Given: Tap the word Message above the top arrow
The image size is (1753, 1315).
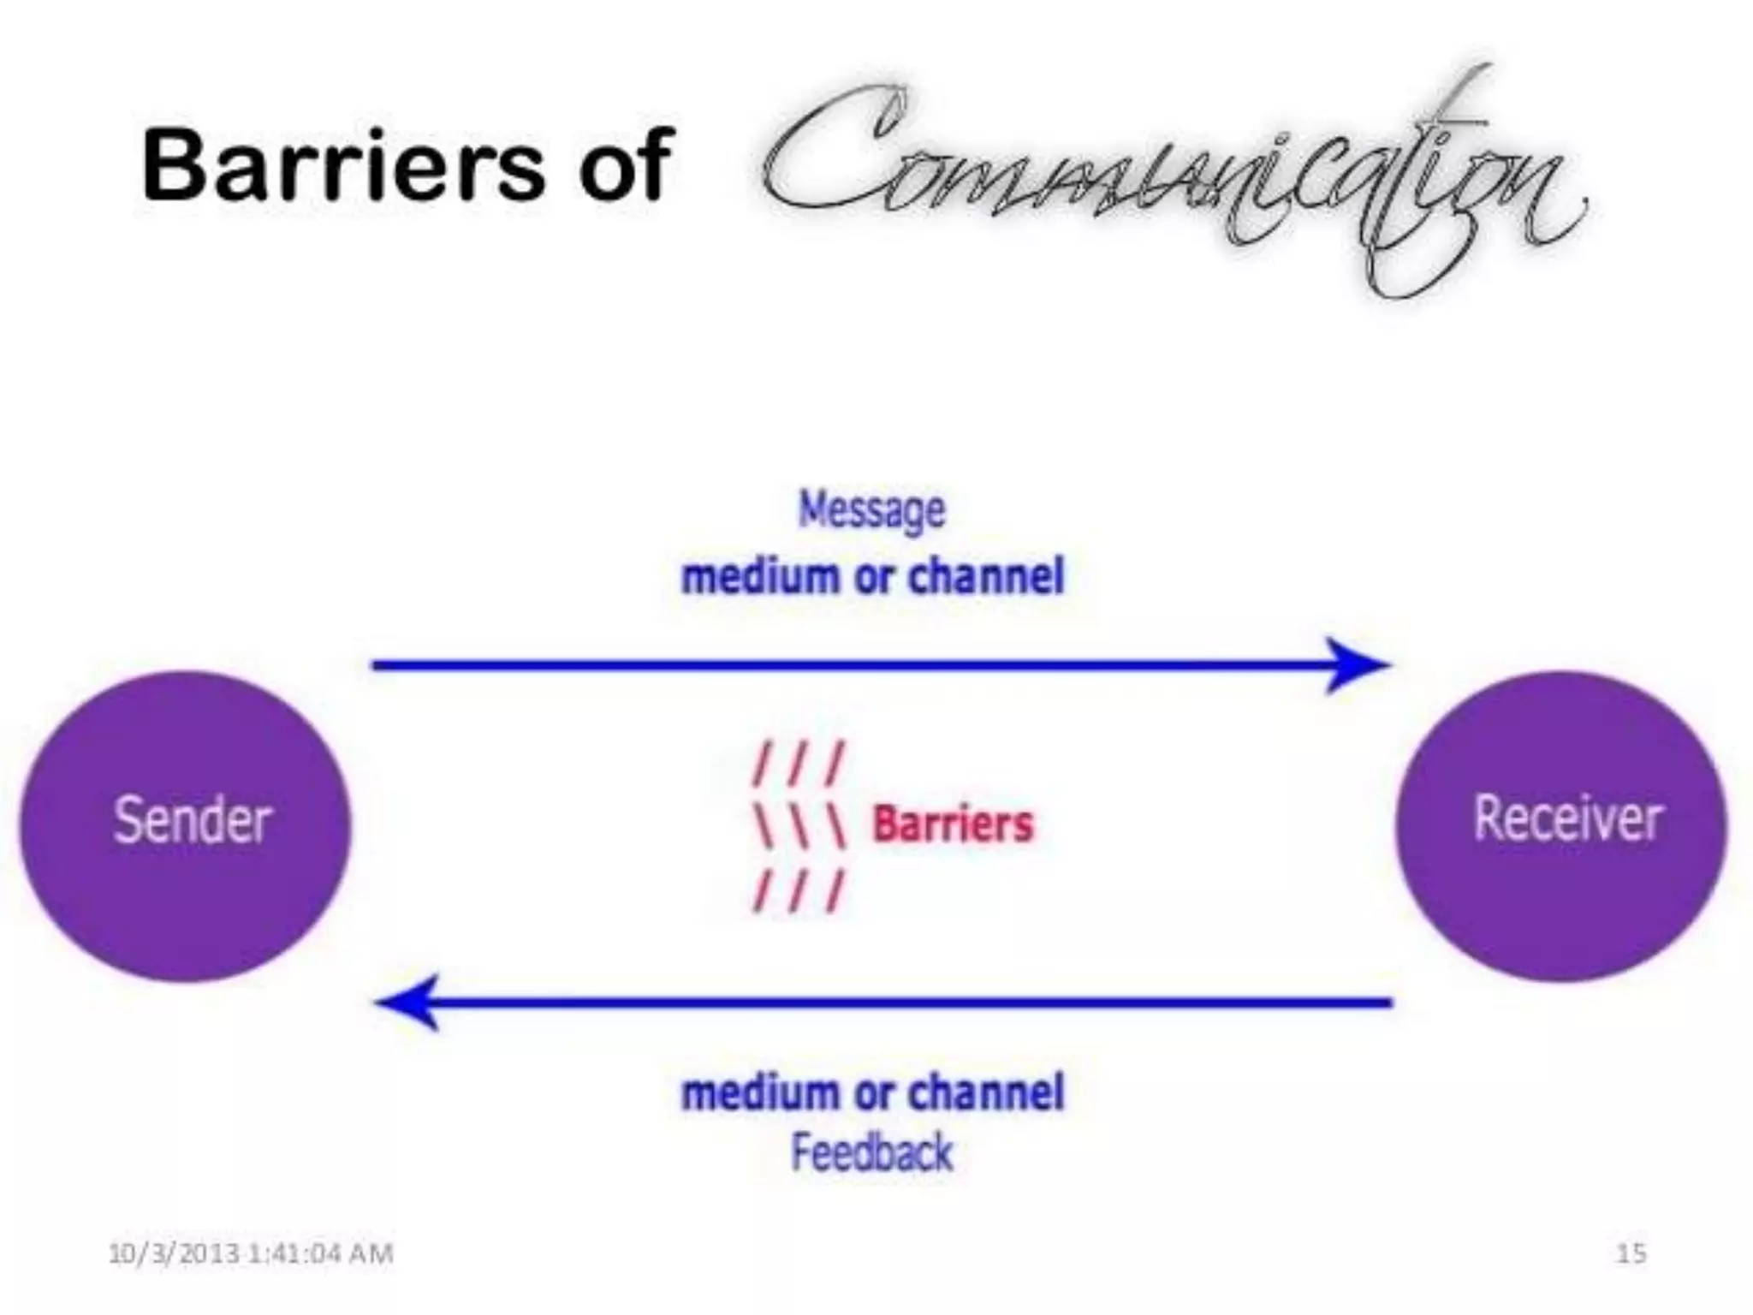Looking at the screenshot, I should click(871, 510).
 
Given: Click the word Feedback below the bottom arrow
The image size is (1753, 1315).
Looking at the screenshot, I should click(871, 1152).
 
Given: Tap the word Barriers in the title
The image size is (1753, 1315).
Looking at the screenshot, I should click(342, 164).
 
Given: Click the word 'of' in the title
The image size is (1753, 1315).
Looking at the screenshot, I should click(623, 164).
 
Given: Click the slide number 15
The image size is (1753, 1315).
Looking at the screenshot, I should click(1631, 1253).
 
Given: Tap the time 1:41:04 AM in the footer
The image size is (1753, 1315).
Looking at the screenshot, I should click(321, 1253).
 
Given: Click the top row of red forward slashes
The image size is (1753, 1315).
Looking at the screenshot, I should click(798, 764).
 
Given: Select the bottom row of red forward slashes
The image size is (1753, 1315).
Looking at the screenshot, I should click(798, 890).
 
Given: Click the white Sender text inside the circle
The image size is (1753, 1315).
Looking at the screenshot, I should click(193, 820).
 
